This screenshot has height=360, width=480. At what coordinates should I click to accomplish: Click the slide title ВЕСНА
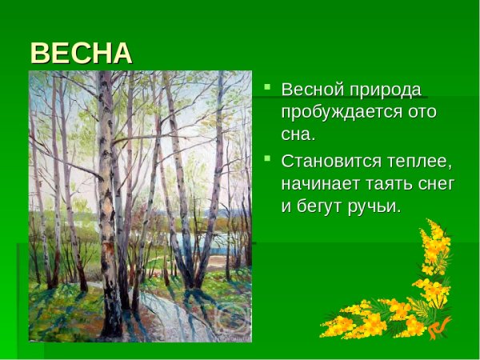(81, 53)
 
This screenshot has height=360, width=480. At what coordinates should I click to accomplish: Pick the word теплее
(422, 162)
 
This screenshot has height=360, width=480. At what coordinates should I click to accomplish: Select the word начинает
(326, 184)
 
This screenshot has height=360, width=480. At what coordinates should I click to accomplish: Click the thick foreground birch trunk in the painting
(107, 200)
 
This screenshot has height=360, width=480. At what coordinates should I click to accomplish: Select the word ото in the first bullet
(421, 111)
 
